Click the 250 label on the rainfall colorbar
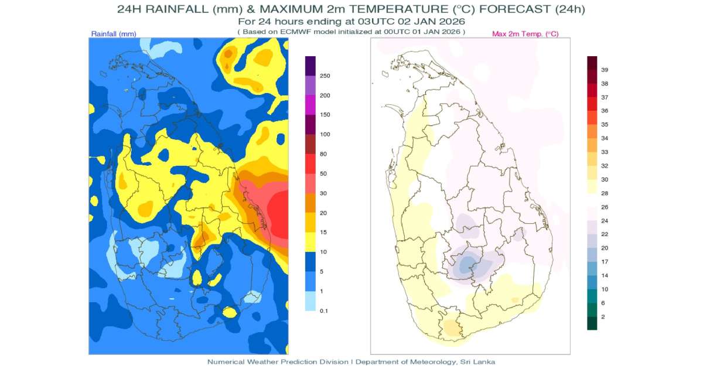click(x=325, y=76)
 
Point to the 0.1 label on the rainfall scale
click(x=324, y=311)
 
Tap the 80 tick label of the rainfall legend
click(x=323, y=154)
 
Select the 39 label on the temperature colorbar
click(x=605, y=70)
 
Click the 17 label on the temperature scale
click(x=605, y=262)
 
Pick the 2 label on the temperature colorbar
click(x=603, y=317)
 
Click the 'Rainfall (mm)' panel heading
click(x=114, y=34)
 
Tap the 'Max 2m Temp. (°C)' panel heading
click(x=525, y=34)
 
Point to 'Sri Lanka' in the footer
click(x=477, y=362)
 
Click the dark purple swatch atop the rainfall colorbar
click(x=310, y=66)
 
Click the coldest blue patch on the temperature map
click(x=467, y=264)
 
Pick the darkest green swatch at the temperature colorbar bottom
click(x=592, y=323)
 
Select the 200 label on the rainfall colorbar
click(x=325, y=95)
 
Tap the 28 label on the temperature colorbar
click(x=605, y=193)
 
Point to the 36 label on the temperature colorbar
click(x=605, y=111)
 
